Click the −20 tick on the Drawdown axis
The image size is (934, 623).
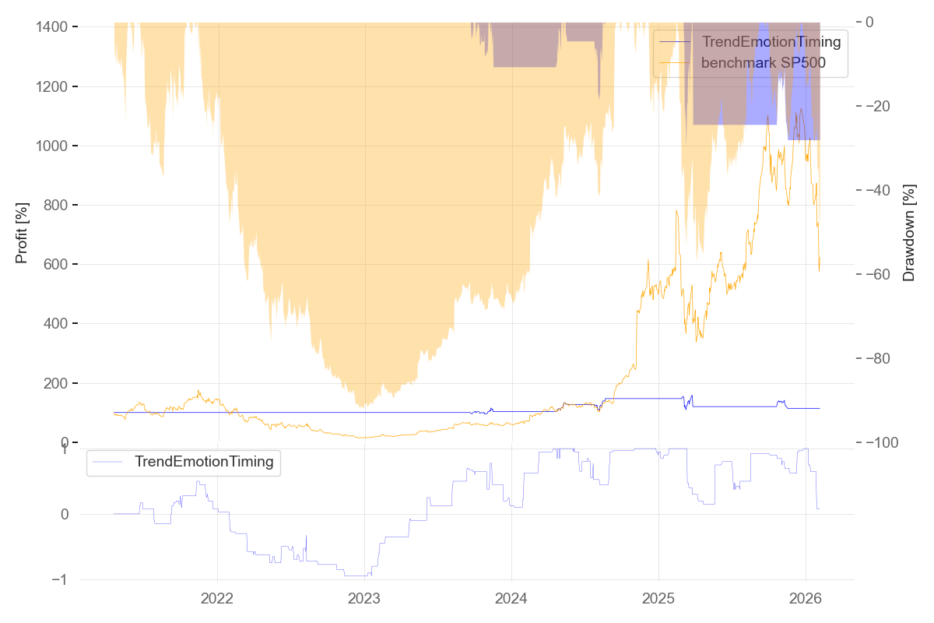[x=883, y=106]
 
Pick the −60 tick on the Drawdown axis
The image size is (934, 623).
[x=883, y=274]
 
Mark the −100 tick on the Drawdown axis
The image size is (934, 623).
[x=887, y=442]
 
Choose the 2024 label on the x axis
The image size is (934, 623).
[x=511, y=599]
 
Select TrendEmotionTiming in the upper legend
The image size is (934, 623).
[x=771, y=41]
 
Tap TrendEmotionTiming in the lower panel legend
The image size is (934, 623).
[x=204, y=462]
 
